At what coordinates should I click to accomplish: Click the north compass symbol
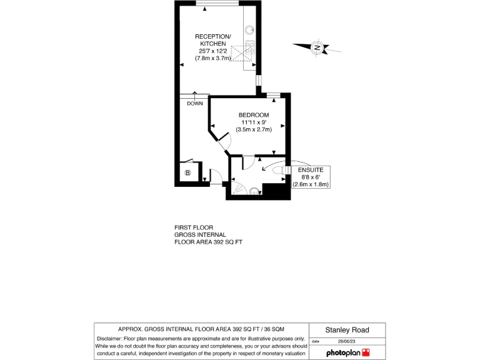(x=317, y=47)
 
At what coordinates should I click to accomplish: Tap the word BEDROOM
(x=254, y=115)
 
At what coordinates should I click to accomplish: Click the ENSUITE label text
(x=310, y=170)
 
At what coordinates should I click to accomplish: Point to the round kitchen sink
(x=249, y=28)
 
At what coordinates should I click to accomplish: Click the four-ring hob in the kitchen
(x=249, y=47)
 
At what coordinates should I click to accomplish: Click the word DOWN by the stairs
(x=195, y=103)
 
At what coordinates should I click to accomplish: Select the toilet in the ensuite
(x=276, y=169)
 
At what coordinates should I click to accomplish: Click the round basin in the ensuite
(x=254, y=191)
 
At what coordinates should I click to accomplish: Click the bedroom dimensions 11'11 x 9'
(x=253, y=122)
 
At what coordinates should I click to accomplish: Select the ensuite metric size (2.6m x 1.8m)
(x=310, y=184)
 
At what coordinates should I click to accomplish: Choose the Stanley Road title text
(x=347, y=330)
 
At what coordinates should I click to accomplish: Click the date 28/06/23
(x=347, y=342)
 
